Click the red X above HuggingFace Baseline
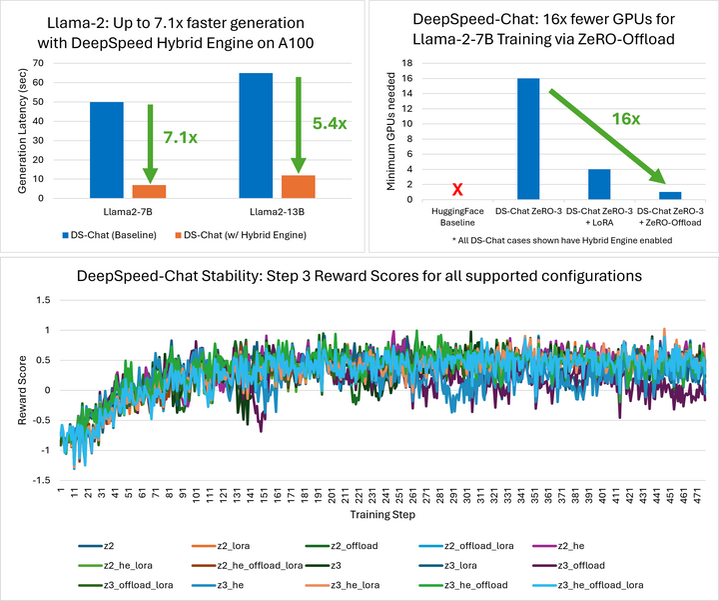pyautogui.click(x=457, y=189)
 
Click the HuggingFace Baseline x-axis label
pyautogui.click(x=457, y=216)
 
